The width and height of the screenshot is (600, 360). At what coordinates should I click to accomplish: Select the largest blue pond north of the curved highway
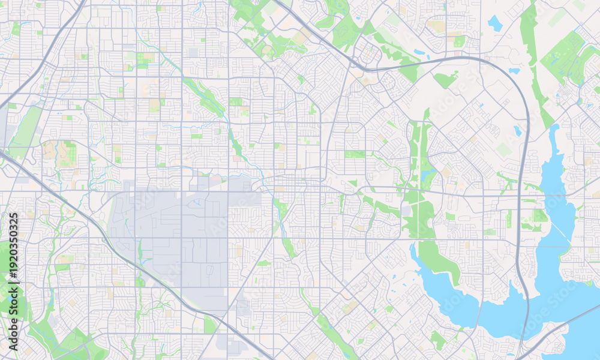tap(494, 23)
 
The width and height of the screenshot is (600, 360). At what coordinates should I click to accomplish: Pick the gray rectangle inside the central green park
tap(407, 211)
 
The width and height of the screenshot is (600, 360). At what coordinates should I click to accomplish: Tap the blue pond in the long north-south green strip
tap(427, 175)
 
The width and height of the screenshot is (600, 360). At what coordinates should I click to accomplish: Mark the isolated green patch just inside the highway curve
tap(445, 79)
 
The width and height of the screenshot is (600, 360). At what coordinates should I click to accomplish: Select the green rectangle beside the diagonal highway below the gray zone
tap(210, 325)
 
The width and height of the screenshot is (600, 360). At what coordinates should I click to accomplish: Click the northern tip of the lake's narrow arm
tap(553, 128)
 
